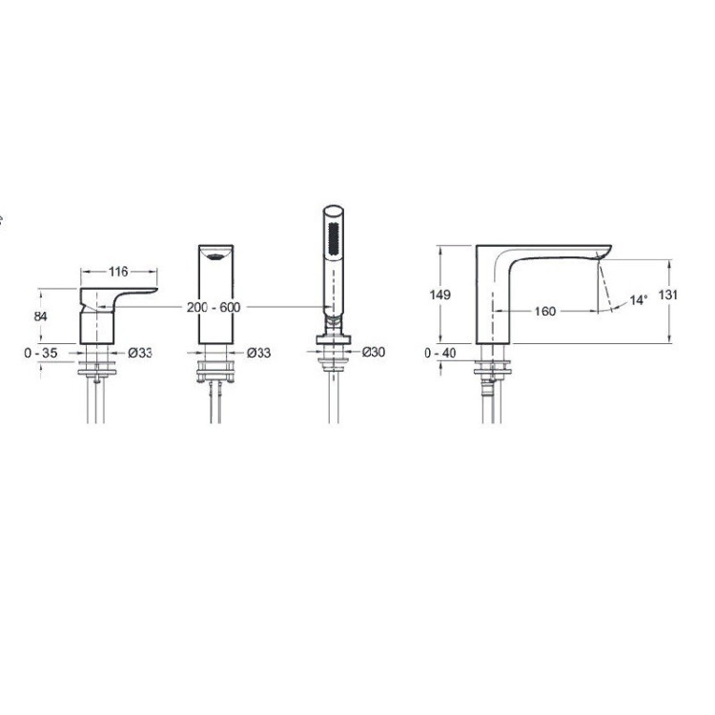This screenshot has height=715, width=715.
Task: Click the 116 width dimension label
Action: (x=118, y=272)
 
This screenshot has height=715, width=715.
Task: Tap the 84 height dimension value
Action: (x=40, y=316)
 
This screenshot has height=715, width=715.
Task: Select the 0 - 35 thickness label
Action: (x=41, y=353)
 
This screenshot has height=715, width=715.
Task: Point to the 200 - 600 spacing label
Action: (x=214, y=307)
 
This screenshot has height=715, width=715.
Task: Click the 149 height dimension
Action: (x=440, y=295)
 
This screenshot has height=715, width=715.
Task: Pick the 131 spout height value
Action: (x=668, y=295)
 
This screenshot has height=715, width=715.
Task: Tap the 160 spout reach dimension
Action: (x=545, y=312)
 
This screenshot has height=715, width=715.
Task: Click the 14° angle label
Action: (x=639, y=300)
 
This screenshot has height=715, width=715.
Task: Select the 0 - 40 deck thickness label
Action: (x=440, y=353)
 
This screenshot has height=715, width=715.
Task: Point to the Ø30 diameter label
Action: (x=374, y=352)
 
